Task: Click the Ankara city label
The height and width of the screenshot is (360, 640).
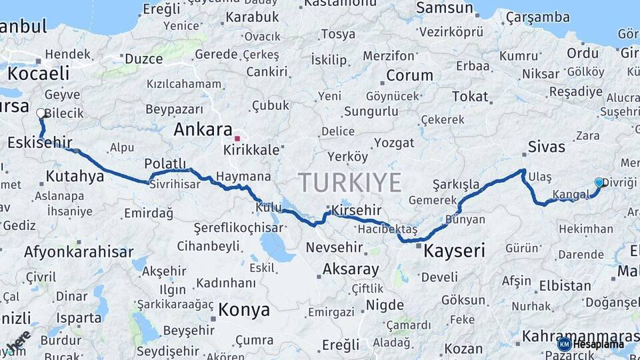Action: click(203, 130)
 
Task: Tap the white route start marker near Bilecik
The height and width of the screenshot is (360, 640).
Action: click(41, 113)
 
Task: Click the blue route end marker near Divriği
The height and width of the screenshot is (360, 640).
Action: click(599, 182)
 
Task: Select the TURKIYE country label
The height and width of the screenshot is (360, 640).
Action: click(349, 182)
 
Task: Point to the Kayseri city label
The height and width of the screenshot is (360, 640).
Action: click(454, 251)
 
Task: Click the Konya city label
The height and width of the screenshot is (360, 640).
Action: click(244, 310)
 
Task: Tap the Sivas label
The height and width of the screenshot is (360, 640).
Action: click(546, 147)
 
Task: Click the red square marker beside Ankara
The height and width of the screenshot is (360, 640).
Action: click(237, 139)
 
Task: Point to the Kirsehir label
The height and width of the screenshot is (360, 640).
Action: click(355, 211)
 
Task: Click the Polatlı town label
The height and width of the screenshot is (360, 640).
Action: click(165, 164)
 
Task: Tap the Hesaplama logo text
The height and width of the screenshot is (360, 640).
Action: click(599, 345)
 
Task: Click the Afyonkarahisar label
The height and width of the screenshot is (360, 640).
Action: click(79, 252)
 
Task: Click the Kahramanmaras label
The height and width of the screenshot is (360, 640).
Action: click(580, 336)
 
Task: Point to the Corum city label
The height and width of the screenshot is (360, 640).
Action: click(409, 75)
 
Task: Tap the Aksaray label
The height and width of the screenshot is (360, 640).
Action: click(351, 269)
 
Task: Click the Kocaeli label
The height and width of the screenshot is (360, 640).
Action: click(39, 73)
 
